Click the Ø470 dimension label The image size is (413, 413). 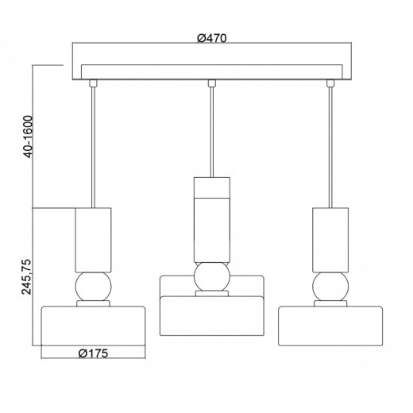pyautogui.click(x=212, y=38)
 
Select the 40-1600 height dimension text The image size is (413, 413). pyautogui.click(x=28, y=137)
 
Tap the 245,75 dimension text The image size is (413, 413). pyautogui.click(x=27, y=277)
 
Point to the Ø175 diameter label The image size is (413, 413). pyautogui.click(x=94, y=353)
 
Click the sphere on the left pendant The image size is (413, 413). pyautogui.click(x=93, y=287)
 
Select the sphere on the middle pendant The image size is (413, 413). pyautogui.click(x=212, y=276)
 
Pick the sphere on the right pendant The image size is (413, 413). pyautogui.click(x=330, y=287)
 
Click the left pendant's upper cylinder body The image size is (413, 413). pyautogui.click(x=93, y=240)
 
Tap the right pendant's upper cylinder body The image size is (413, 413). pyautogui.click(x=330, y=240)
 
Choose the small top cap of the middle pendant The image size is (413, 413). pyautogui.click(x=212, y=187)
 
